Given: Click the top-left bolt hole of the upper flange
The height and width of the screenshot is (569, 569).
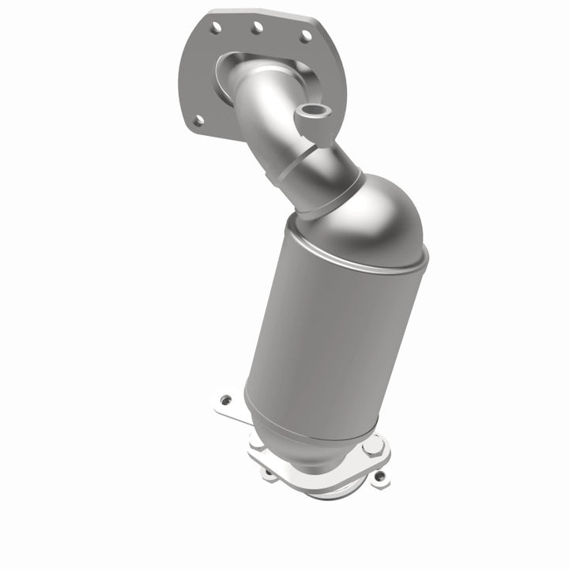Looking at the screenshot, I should click(x=214, y=27).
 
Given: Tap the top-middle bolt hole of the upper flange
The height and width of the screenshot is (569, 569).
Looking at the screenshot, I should click(x=257, y=28).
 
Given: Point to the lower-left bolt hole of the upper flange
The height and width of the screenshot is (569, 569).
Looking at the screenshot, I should click(x=198, y=120).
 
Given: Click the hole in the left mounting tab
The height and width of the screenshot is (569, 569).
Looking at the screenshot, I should click(x=227, y=400).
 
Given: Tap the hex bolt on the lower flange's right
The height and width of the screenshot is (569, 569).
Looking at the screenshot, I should click(x=372, y=448).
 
